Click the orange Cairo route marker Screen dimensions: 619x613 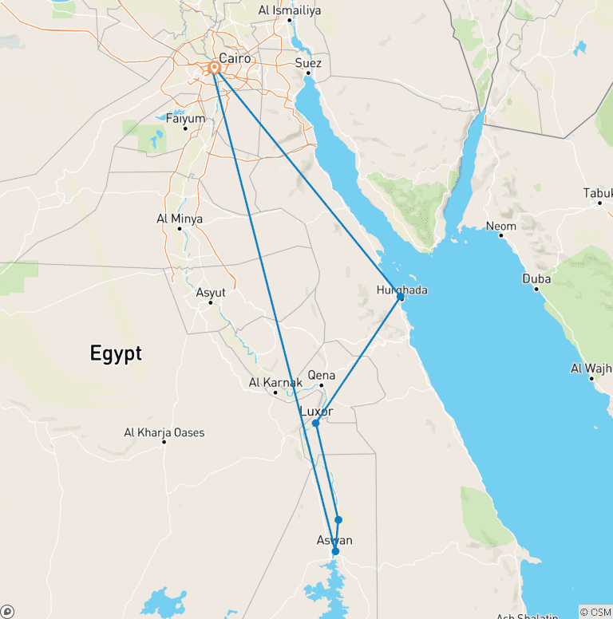click(x=215, y=69)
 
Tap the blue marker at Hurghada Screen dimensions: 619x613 click(x=400, y=297)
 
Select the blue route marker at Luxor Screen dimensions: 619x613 click(x=316, y=423)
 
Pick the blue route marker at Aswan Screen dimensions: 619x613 click(x=335, y=551)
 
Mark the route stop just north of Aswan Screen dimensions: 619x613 click(x=338, y=519)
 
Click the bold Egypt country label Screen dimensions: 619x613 click(x=116, y=353)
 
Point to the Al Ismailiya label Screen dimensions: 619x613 click(x=289, y=10)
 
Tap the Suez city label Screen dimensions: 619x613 click(x=308, y=62)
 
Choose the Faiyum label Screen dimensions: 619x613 click(x=185, y=118)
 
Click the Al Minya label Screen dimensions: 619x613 click(x=180, y=219)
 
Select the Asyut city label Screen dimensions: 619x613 click(x=211, y=293)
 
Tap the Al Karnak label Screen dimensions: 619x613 click(x=275, y=383)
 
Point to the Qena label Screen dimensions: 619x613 click(x=322, y=376)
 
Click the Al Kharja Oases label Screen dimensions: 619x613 click(x=164, y=432)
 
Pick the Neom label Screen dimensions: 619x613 click(x=501, y=226)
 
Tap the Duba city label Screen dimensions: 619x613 click(x=536, y=278)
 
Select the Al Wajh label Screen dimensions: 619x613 click(x=590, y=368)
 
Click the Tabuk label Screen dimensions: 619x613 click(x=599, y=193)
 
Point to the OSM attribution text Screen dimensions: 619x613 click(x=596, y=612)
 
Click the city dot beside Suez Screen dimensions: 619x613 click(x=308, y=73)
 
